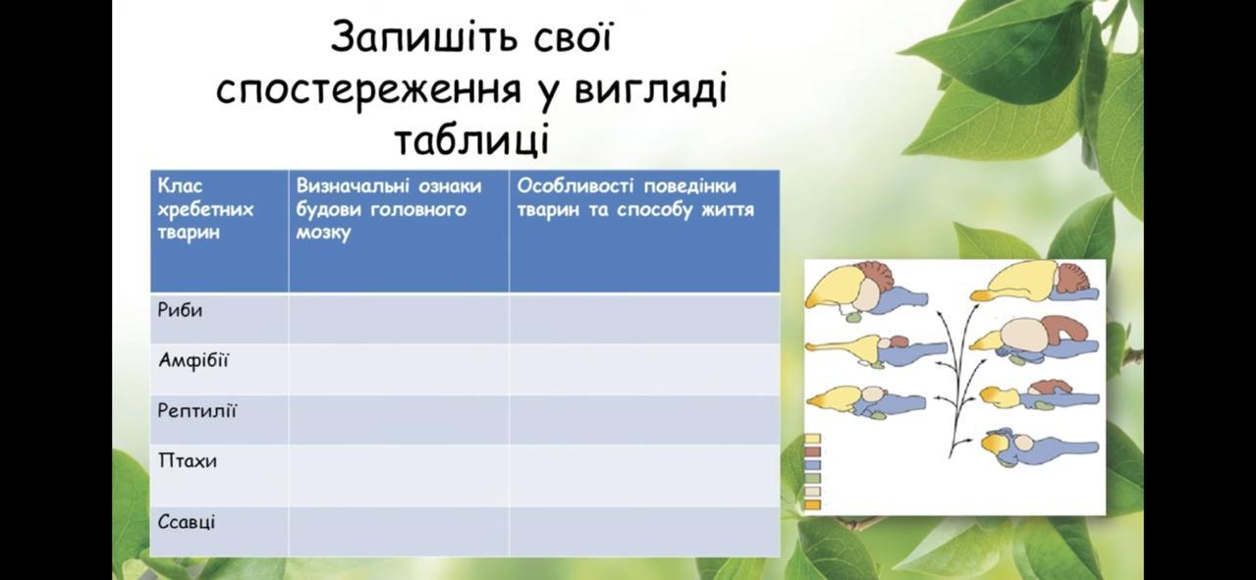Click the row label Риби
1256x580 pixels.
pos(180,310)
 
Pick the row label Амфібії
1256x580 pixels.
pos(193,360)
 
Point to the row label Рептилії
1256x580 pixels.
pos(196,411)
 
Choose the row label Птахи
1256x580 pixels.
pos(187,461)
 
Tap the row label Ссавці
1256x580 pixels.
pos(187,522)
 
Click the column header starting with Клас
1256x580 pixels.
pos(205,209)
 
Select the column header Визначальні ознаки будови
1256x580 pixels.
pos(389,209)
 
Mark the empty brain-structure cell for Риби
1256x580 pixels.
pos(399,318)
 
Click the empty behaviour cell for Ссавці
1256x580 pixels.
pos(644,531)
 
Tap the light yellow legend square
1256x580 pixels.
pos(813,439)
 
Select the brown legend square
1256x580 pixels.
pos(813,451)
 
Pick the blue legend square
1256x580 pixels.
pos(813,465)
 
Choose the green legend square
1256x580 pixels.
pos(813,479)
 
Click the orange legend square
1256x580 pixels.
pos(813,504)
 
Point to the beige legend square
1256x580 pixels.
pos(813,492)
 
